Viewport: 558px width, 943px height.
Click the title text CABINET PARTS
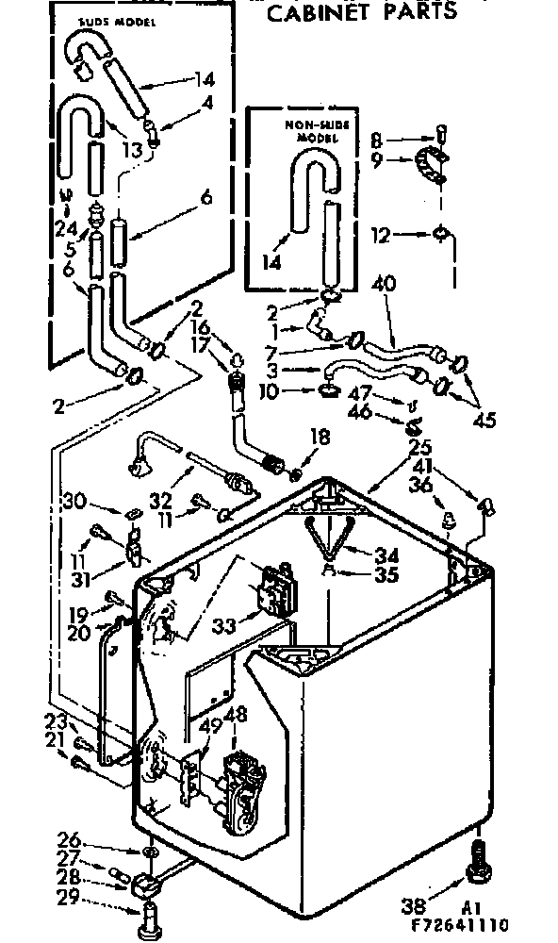[x=361, y=11]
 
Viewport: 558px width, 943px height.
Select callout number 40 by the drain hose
[x=384, y=284]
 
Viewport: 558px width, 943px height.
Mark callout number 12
[x=380, y=236]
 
